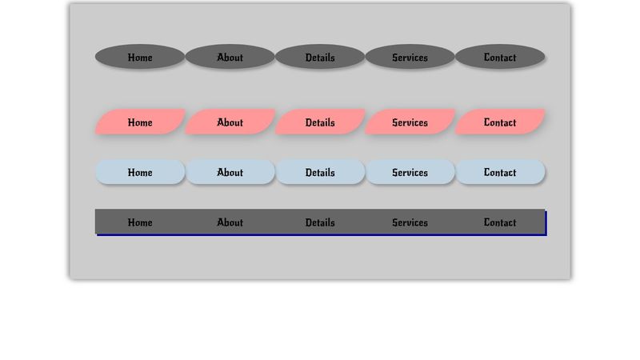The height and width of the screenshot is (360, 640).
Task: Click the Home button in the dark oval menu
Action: (140, 57)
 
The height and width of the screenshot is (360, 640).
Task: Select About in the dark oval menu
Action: (230, 57)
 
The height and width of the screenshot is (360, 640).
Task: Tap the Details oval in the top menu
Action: (320, 57)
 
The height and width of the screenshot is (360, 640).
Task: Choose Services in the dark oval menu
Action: (410, 57)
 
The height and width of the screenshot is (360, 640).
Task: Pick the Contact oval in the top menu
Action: (500, 57)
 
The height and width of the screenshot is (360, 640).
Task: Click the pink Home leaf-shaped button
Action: (140, 122)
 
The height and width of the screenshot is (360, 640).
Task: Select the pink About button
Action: (230, 122)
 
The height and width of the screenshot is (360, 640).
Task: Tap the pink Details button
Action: (320, 122)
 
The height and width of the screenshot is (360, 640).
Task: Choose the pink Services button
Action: (410, 122)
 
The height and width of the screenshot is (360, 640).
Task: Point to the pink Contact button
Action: (500, 122)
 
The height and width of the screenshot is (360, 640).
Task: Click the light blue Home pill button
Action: (140, 172)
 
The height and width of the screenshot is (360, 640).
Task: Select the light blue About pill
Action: (230, 172)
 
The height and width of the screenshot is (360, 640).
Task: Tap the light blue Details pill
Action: (320, 172)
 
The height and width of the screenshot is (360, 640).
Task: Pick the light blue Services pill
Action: (410, 172)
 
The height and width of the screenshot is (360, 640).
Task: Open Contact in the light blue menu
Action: (500, 172)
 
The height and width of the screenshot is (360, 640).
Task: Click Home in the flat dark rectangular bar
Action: (140, 222)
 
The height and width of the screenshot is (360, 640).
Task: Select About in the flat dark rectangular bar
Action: (230, 222)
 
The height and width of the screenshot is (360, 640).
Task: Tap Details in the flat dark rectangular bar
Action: (320, 222)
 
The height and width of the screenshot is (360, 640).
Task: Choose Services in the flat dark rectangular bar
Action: (410, 222)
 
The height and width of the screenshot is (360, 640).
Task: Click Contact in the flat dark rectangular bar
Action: (500, 222)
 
